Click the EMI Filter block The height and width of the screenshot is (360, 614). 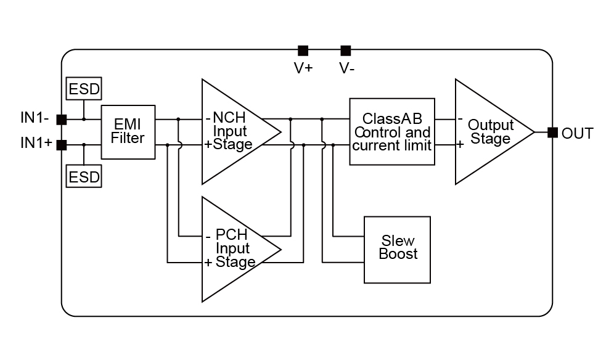pos(128,132)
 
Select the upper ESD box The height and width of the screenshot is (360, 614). pos(84,89)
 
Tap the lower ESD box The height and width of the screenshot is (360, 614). pos(84,178)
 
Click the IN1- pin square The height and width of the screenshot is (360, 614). pos(62,119)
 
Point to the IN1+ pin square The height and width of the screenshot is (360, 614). pos(62,145)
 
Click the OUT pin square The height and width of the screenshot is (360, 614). pos(552,132)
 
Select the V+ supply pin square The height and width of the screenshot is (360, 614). pos(303,50)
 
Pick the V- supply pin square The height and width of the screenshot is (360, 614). pos(346,50)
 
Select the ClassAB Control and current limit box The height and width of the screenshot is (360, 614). pos(392,131)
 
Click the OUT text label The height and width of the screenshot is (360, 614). pos(578,133)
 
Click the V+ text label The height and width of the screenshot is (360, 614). pos(303,68)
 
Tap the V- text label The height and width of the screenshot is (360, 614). pos(346,68)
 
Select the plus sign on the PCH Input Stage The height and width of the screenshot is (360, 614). pos(208,263)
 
